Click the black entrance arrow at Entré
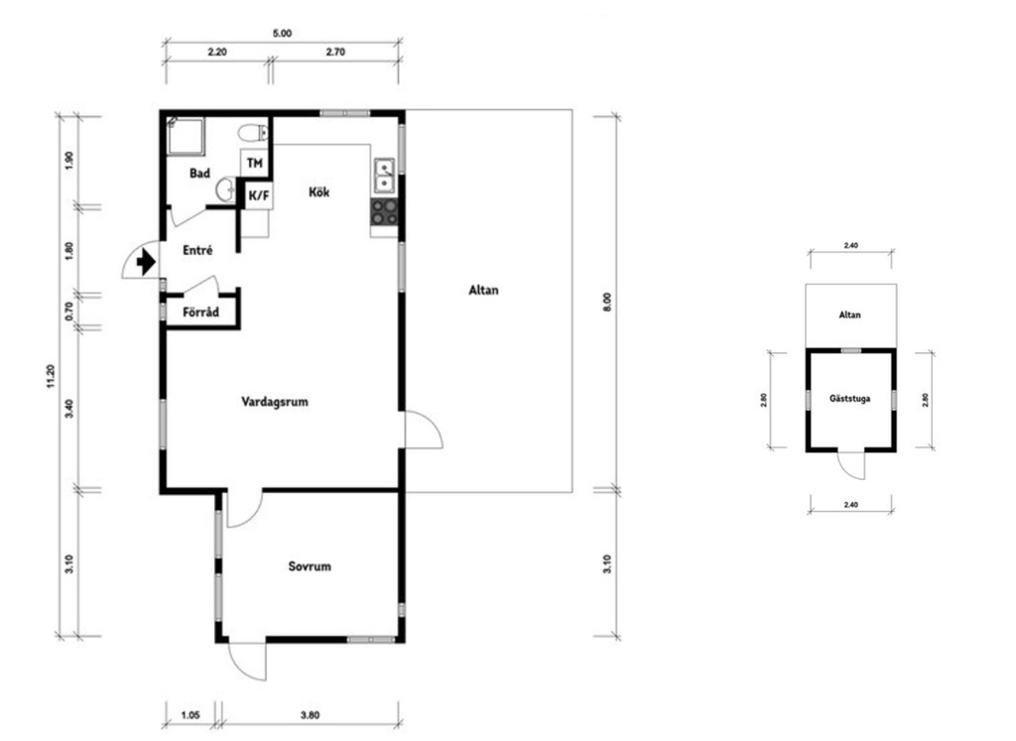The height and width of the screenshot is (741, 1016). click(x=147, y=262)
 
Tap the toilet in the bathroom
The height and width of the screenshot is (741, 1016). click(x=253, y=134)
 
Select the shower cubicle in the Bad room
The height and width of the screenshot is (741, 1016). click(x=186, y=136)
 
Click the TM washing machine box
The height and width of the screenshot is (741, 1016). click(x=255, y=164)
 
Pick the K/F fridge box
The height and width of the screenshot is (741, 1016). click(x=259, y=195)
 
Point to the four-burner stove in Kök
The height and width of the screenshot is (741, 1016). click(x=384, y=212)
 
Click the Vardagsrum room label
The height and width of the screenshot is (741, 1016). click(x=275, y=402)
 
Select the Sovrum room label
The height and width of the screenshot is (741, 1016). click(x=310, y=566)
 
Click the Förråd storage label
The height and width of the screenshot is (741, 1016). click(x=200, y=312)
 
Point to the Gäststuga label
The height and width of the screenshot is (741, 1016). click(x=850, y=399)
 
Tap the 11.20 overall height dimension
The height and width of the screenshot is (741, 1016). click(x=51, y=377)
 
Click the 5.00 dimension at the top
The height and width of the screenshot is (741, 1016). click(x=282, y=33)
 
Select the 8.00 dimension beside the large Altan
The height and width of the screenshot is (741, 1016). click(x=607, y=303)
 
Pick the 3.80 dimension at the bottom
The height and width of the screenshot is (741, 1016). click(x=310, y=716)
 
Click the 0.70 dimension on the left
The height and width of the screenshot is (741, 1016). click(x=69, y=311)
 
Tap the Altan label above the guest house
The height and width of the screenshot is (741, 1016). click(x=850, y=314)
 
